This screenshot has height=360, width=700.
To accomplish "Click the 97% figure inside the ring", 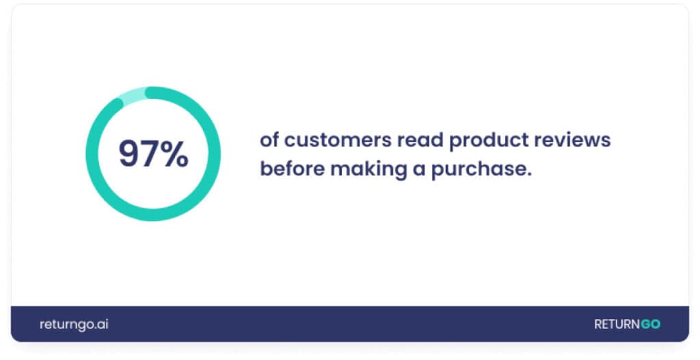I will (153, 154).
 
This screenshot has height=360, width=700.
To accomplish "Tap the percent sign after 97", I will (175, 154).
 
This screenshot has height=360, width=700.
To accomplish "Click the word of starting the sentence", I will (269, 141).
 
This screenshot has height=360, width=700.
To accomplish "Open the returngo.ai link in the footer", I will (74, 324).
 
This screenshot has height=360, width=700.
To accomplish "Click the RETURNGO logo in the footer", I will (628, 324).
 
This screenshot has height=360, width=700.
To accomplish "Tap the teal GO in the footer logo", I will (651, 324).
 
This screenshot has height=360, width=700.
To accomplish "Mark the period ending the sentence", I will (529, 176).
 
